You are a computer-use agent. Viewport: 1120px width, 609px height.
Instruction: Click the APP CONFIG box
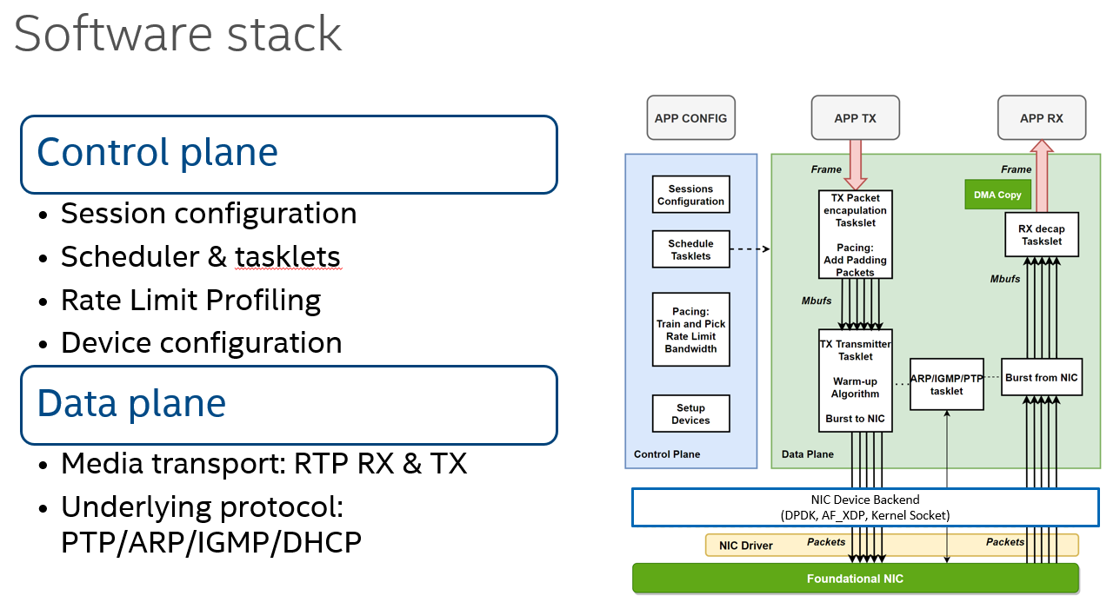pos(691,118)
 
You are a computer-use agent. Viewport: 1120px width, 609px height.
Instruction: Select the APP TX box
pos(855,118)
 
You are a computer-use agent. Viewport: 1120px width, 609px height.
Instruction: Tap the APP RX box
pos(1042,118)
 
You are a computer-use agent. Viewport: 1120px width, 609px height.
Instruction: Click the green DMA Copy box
pos(997,195)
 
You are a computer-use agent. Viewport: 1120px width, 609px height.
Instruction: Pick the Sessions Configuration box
pos(690,195)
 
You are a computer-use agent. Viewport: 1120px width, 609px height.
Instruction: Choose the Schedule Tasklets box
pos(690,249)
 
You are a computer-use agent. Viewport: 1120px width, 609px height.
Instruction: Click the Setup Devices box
pos(690,414)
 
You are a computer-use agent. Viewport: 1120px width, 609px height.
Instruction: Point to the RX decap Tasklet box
pos(1042,235)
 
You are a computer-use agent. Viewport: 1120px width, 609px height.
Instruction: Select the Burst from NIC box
pos(1042,377)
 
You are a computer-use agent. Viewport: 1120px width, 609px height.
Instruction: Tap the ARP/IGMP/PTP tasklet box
pos(946,384)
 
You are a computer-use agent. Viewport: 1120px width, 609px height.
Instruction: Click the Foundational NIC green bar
pos(855,579)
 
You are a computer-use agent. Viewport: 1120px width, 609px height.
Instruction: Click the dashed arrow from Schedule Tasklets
pos(750,249)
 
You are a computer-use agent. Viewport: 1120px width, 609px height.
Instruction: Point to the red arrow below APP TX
pos(855,165)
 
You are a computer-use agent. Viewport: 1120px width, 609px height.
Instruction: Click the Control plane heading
pos(157,152)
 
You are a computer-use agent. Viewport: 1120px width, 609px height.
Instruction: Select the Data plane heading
pos(131,403)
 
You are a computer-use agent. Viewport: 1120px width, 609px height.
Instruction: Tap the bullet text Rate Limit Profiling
pos(190,300)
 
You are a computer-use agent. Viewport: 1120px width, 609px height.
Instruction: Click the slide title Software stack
pos(177,33)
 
